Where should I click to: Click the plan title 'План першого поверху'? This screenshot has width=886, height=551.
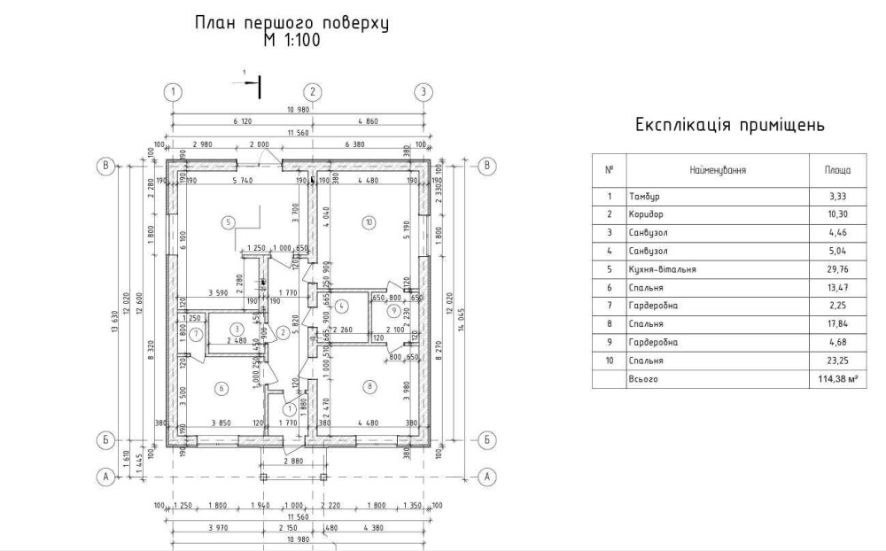coord(291,23)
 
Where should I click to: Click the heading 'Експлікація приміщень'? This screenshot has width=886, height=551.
coord(730,125)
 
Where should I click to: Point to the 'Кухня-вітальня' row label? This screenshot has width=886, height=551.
coord(662,269)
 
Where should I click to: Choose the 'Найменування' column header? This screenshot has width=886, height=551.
coord(718,168)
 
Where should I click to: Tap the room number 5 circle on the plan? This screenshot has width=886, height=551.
coord(229,221)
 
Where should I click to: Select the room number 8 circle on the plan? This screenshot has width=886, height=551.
coord(369,385)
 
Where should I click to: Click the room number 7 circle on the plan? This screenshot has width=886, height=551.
coord(196,332)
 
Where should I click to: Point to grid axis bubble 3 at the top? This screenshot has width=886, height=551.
coord(424,91)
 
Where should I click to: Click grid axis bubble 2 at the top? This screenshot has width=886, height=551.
coord(311,91)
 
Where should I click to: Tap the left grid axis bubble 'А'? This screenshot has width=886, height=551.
coord(106,477)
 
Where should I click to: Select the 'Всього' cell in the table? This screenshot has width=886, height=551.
coord(644,379)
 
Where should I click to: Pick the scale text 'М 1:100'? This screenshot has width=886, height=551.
coord(291,41)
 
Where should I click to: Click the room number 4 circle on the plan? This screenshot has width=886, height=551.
coord(342,307)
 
